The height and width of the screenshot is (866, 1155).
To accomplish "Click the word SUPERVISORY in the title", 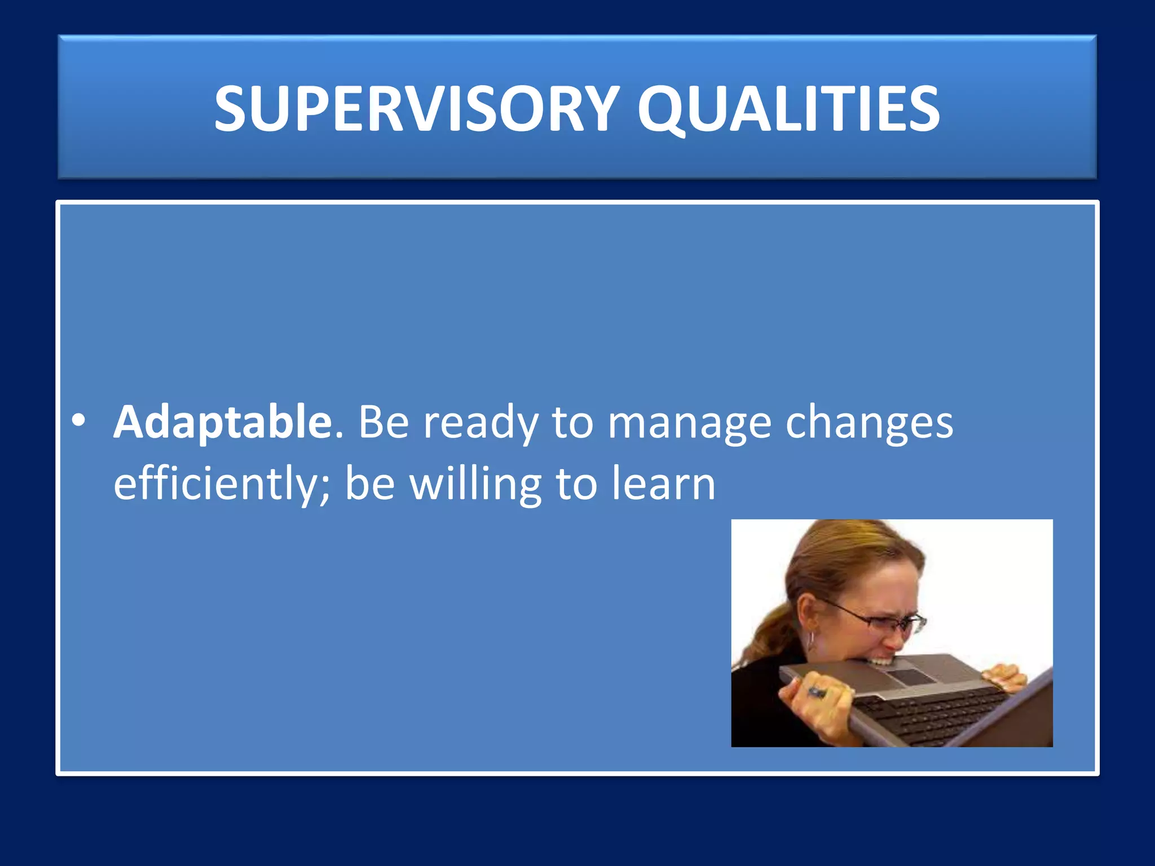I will (x=417, y=109).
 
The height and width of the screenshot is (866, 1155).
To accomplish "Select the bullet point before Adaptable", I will (x=79, y=421).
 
